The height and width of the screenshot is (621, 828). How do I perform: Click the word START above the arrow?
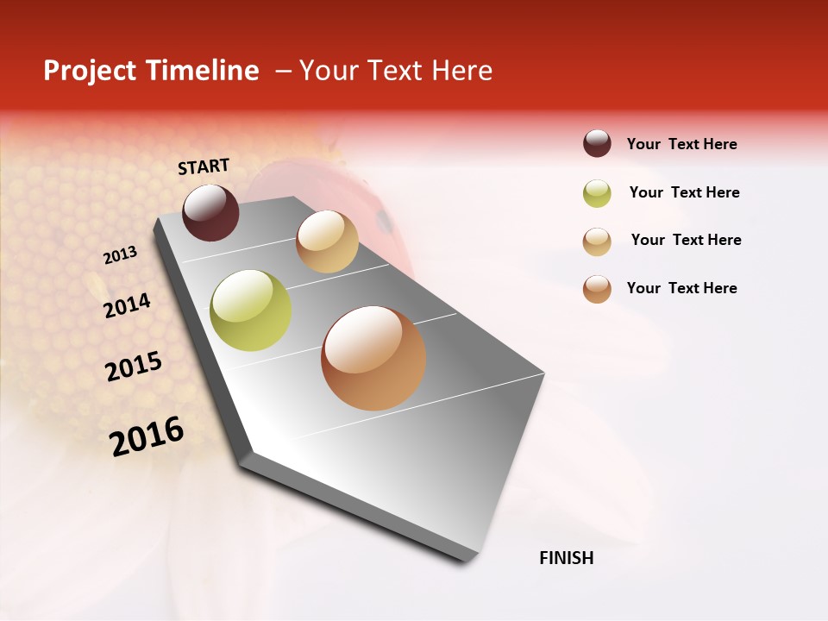click(204, 166)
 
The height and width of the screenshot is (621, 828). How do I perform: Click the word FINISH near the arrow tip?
click(566, 558)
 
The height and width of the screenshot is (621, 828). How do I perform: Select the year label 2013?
click(120, 255)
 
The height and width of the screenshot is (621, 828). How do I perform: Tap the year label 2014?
click(127, 305)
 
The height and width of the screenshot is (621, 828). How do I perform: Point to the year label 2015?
click(134, 367)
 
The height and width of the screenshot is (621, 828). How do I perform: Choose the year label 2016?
click(147, 436)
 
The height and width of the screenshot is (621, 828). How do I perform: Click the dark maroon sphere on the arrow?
click(210, 212)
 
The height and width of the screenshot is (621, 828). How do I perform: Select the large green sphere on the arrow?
click(250, 310)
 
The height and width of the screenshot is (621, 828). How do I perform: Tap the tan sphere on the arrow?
click(327, 241)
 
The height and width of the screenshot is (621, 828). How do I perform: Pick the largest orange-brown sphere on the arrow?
click(373, 358)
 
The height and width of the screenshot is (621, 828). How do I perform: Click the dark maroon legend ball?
click(597, 143)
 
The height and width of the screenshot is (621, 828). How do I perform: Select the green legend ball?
click(597, 193)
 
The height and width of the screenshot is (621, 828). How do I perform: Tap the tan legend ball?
click(597, 241)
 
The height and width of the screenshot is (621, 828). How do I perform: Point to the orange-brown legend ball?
click(597, 289)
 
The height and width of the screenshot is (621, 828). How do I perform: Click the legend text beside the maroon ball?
click(681, 144)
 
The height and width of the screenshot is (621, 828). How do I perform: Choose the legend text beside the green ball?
click(684, 192)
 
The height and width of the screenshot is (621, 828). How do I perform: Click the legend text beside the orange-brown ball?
click(681, 288)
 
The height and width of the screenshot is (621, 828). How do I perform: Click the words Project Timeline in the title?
click(151, 71)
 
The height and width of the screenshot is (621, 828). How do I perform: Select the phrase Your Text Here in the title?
click(396, 71)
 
